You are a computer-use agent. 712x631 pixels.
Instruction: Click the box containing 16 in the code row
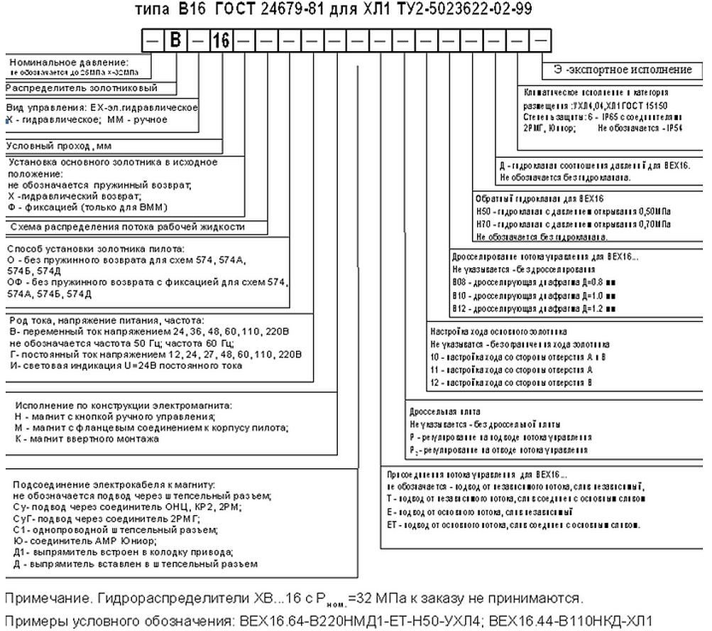pyautogui.click(x=221, y=41)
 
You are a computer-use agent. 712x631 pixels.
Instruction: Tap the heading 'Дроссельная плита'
pyautogui.click(x=444, y=411)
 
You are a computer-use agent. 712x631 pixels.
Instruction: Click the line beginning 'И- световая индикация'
pyautogui.click(x=127, y=365)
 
